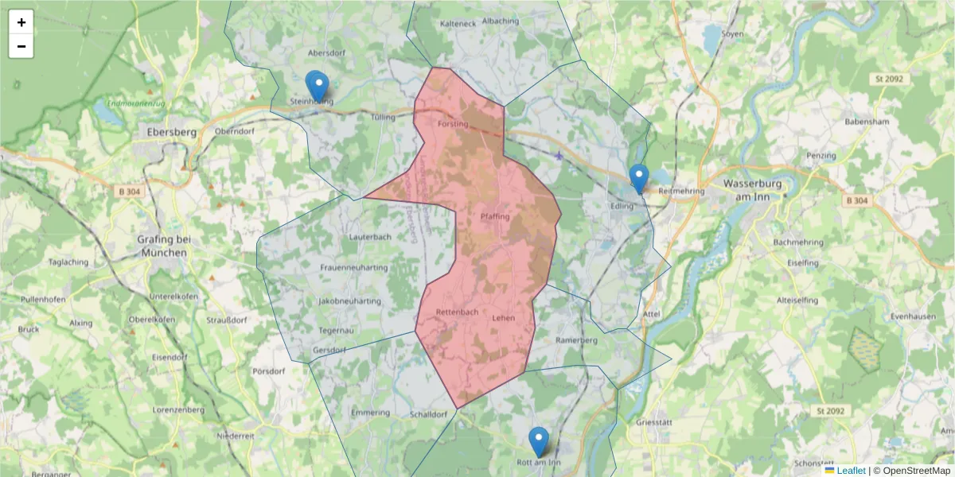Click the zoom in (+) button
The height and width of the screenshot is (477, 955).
click(x=21, y=22)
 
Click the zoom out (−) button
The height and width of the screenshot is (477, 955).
click(x=21, y=46)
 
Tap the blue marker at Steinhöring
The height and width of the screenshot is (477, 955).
click(x=317, y=86)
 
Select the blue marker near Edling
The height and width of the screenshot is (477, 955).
click(x=638, y=178)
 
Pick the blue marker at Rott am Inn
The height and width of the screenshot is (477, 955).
click(x=539, y=441)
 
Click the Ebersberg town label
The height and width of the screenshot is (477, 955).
click(x=167, y=132)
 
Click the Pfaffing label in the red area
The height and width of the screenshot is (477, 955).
click(x=494, y=216)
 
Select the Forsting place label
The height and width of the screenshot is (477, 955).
click(x=453, y=123)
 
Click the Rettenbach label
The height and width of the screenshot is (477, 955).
click(x=458, y=312)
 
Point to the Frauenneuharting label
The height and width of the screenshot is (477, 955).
click(x=353, y=268)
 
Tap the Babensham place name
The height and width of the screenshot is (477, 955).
click(x=867, y=122)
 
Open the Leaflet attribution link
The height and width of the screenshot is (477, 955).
click(x=851, y=471)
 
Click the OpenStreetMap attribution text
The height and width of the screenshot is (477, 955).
click(x=916, y=471)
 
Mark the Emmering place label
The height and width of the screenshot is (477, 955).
click(x=370, y=413)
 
